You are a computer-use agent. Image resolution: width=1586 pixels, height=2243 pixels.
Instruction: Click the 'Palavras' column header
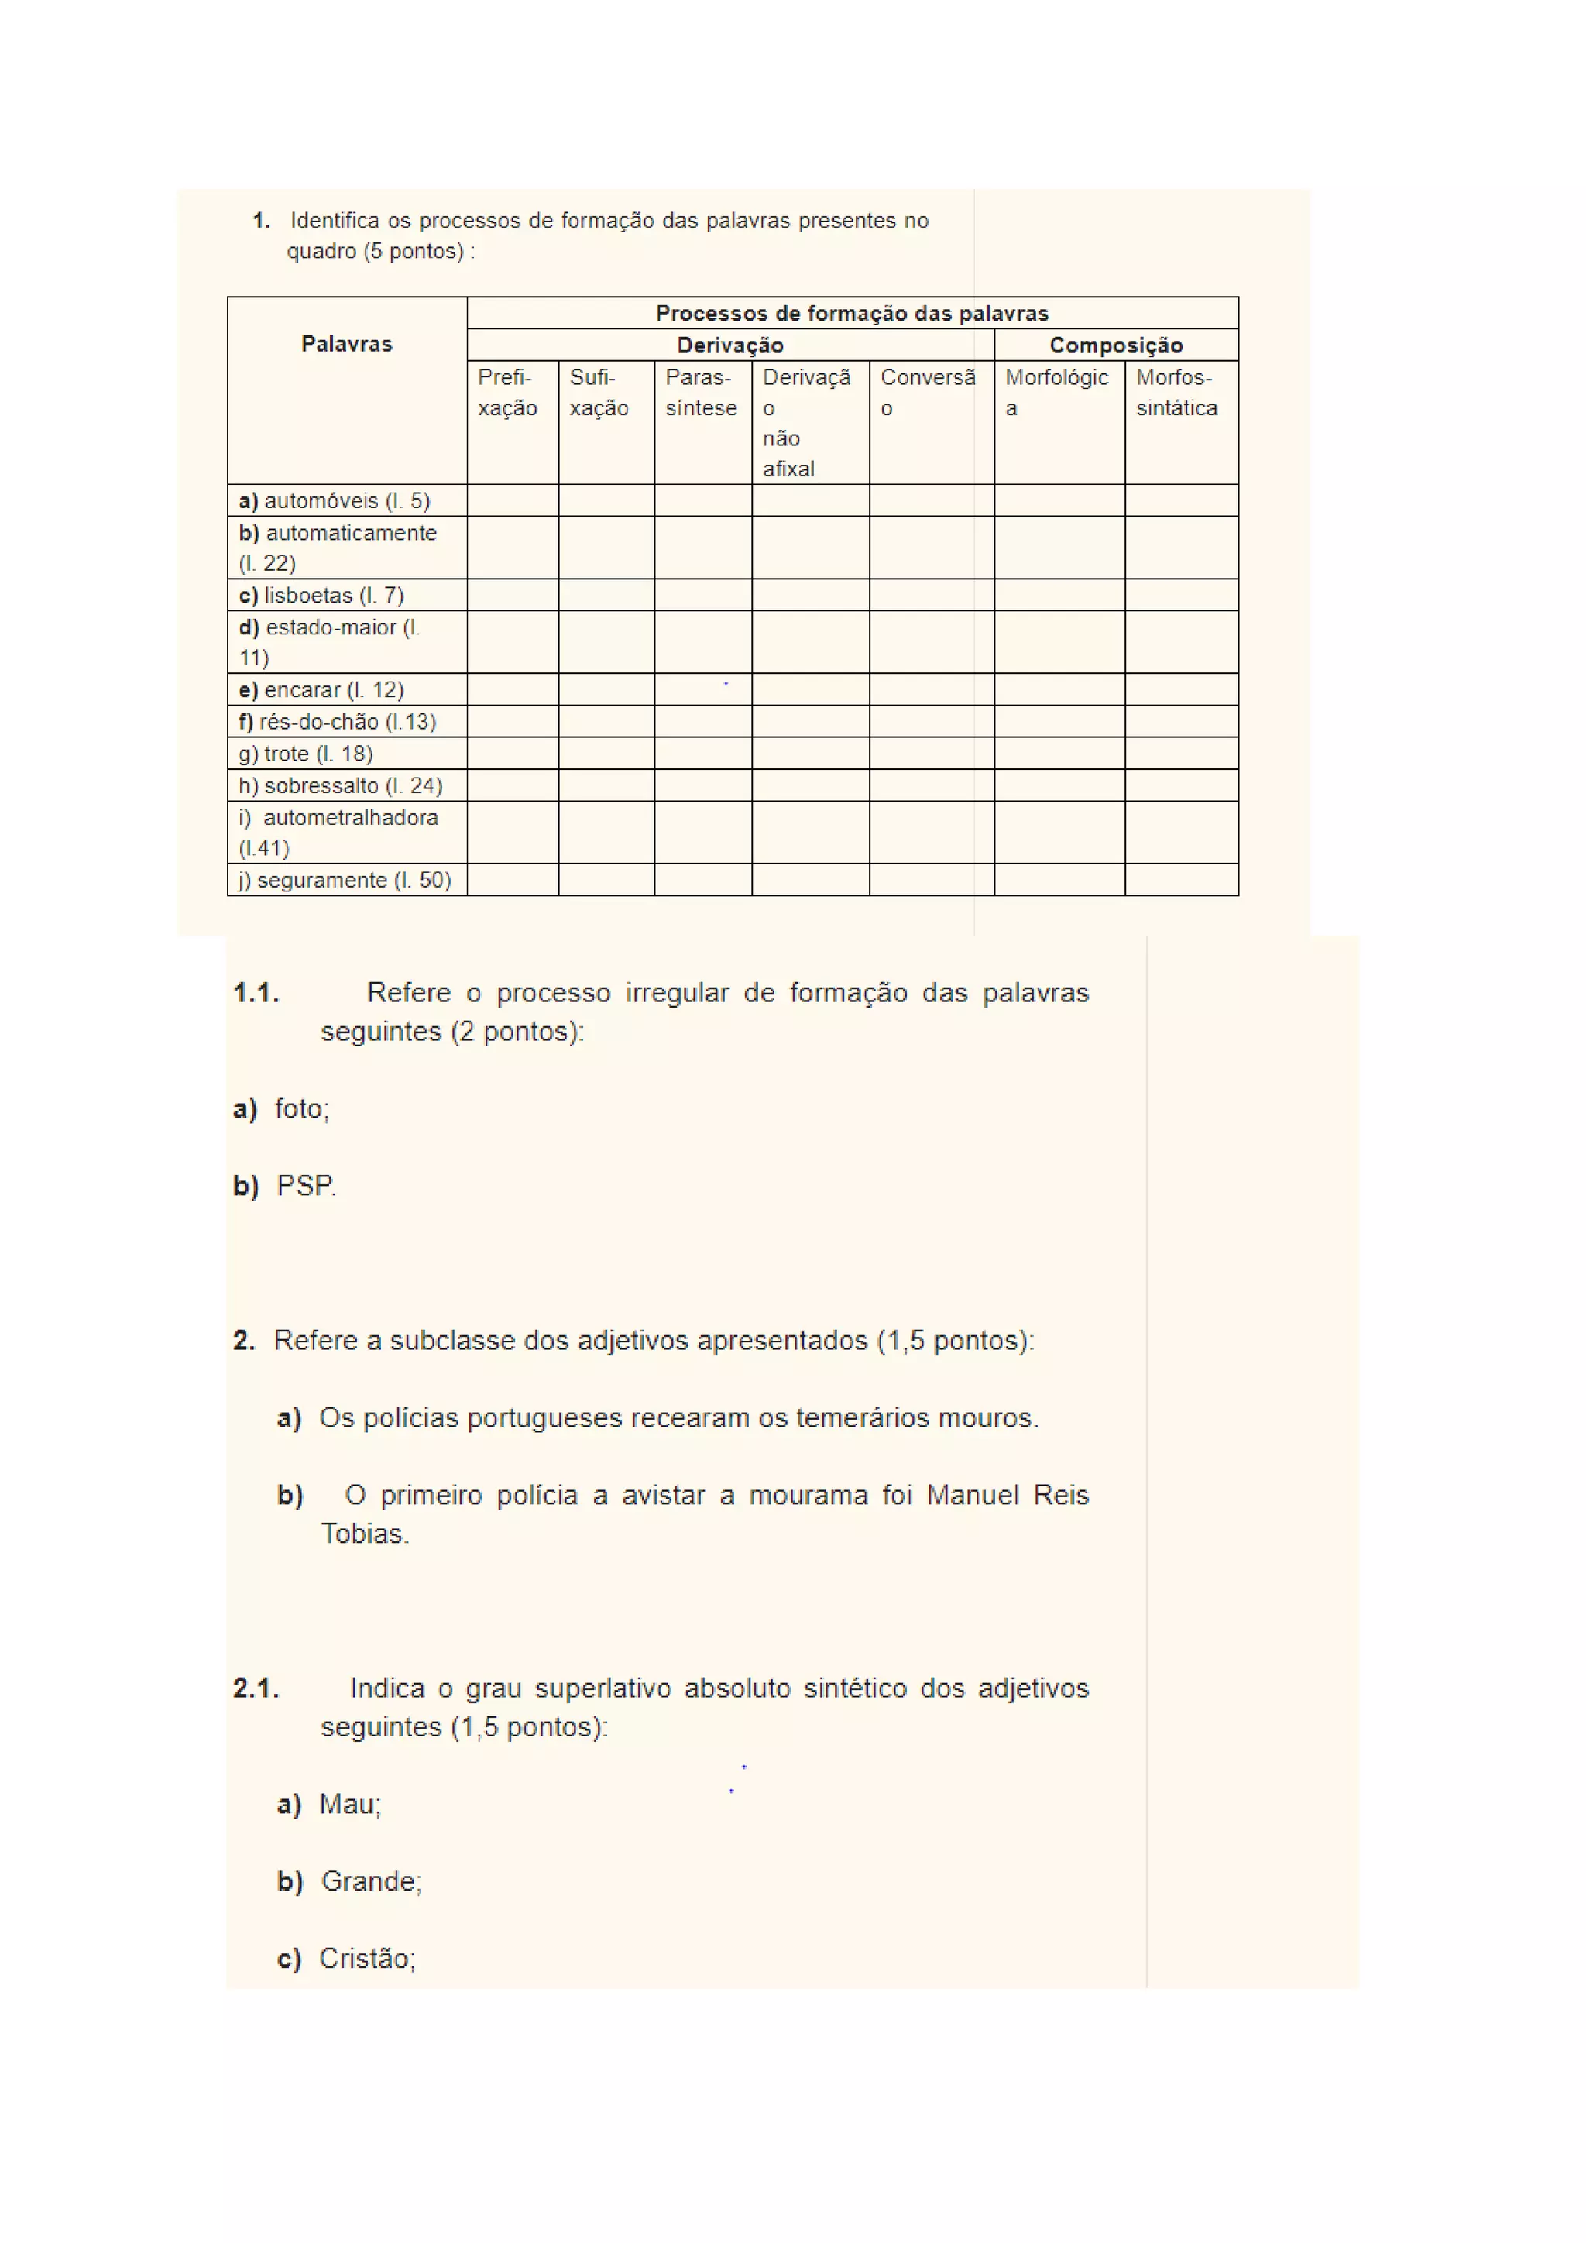pyautogui.click(x=347, y=344)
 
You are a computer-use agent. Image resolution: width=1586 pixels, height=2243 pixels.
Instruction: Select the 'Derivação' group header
pyautogui.click(x=729, y=345)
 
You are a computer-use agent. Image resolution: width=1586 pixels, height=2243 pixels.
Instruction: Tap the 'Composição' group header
pyautogui.click(x=1115, y=345)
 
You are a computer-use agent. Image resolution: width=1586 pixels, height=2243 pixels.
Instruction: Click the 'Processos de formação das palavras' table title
pyautogui.click(x=852, y=314)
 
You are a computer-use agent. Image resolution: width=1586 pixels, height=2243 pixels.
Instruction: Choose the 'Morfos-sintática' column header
pyautogui.click(x=1177, y=393)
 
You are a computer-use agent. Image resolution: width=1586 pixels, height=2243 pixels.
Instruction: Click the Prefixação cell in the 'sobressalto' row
pyautogui.click(x=513, y=785)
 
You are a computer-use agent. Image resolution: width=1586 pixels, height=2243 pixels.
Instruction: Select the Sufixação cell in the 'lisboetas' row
pyautogui.click(x=606, y=596)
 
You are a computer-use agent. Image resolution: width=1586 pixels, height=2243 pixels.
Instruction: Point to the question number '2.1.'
pyautogui.click(x=256, y=1688)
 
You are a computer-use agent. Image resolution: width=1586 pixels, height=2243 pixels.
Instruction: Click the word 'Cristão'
pyautogui.click(x=366, y=1959)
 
